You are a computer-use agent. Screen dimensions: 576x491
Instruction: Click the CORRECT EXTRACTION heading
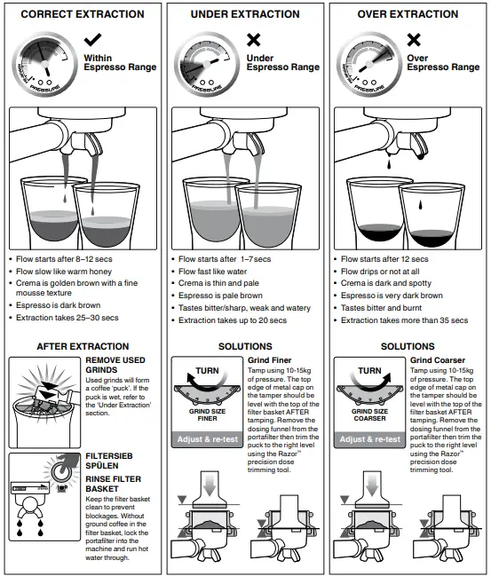pos(82,14)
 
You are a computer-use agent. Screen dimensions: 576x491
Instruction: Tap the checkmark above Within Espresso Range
pos(92,41)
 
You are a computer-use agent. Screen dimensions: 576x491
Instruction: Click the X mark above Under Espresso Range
pos(254,41)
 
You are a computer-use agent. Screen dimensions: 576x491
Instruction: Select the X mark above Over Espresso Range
pos(413,41)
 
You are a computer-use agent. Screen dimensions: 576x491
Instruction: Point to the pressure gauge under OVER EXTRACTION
pos(364,64)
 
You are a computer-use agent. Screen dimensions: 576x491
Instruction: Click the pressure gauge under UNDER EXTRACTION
pos(204,64)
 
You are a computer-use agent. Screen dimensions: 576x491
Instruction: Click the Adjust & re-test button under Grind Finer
pos(205,438)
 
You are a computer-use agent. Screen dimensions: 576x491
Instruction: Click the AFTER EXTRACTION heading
pos(83,346)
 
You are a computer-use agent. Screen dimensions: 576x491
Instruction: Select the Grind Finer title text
pos(270,359)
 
